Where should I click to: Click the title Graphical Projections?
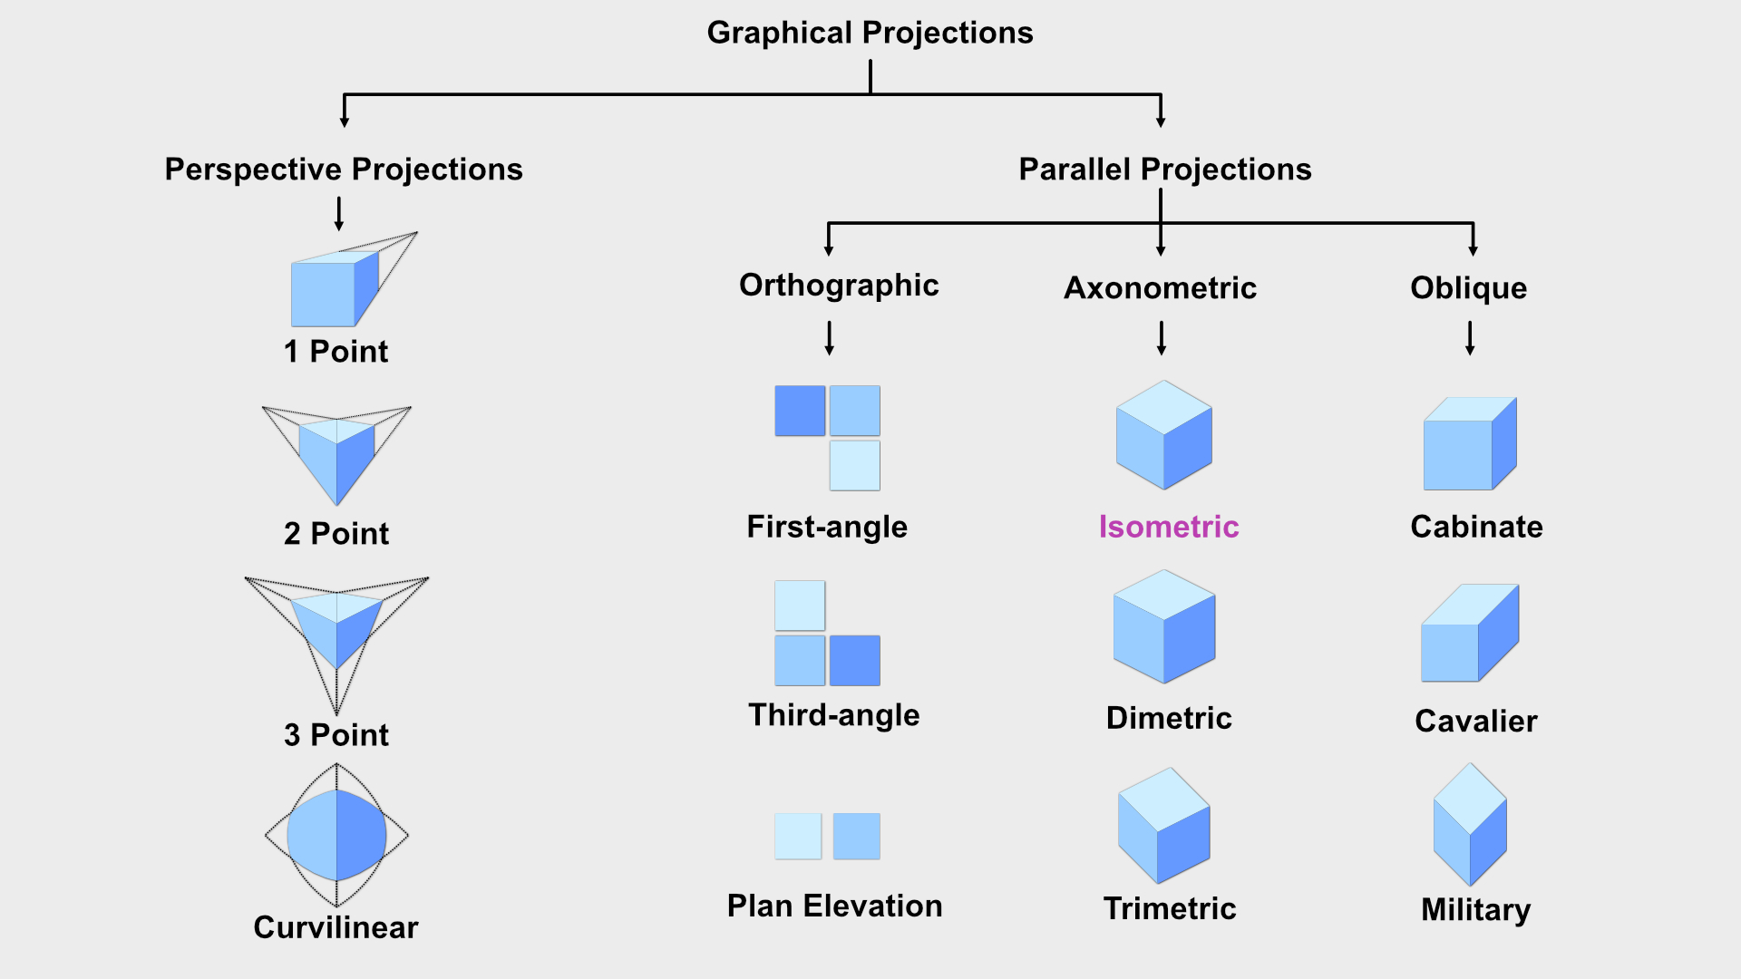tap(870, 33)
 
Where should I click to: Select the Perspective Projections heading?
tap(344, 170)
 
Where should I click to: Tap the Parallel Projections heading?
tap(1165, 170)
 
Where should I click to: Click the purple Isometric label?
tap(1168, 527)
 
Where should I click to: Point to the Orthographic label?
tap(839, 285)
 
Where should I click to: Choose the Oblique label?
tap(1468, 287)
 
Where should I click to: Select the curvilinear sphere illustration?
tap(336, 835)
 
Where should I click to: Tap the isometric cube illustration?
tap(1163, 435)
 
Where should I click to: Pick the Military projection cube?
tap(1470, 825)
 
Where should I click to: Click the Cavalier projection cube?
tap(1470, 635)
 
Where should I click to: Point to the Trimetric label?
tap(1170, 908)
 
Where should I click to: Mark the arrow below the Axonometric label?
tap(1162, 337)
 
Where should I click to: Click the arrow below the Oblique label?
tap(1470, 337)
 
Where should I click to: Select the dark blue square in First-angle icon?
tap(800, 411)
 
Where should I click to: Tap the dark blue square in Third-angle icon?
tap(854, 660)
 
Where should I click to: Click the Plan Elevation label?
tap(834, 906)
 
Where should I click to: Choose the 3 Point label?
tap(336, 734)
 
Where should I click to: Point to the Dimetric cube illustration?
tap(1163, 626)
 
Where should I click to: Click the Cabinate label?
tap(1476, 527)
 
